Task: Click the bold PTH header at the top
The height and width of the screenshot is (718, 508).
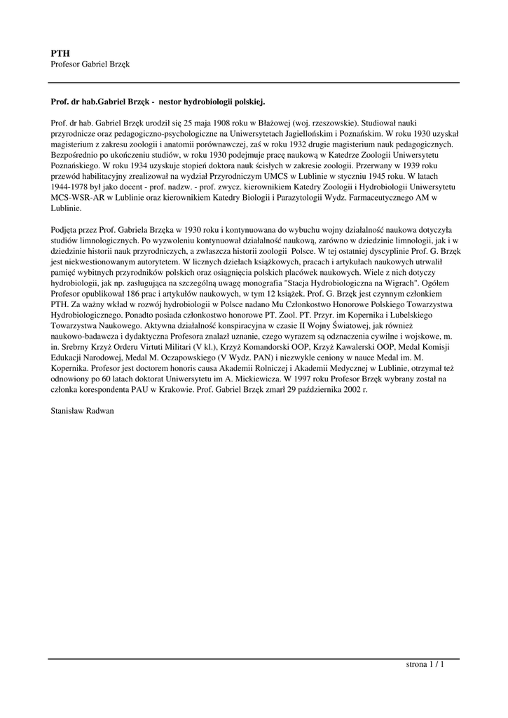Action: (60, 53)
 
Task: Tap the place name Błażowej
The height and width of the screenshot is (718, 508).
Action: (273, 122)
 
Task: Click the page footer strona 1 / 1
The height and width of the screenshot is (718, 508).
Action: (425, 664)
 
